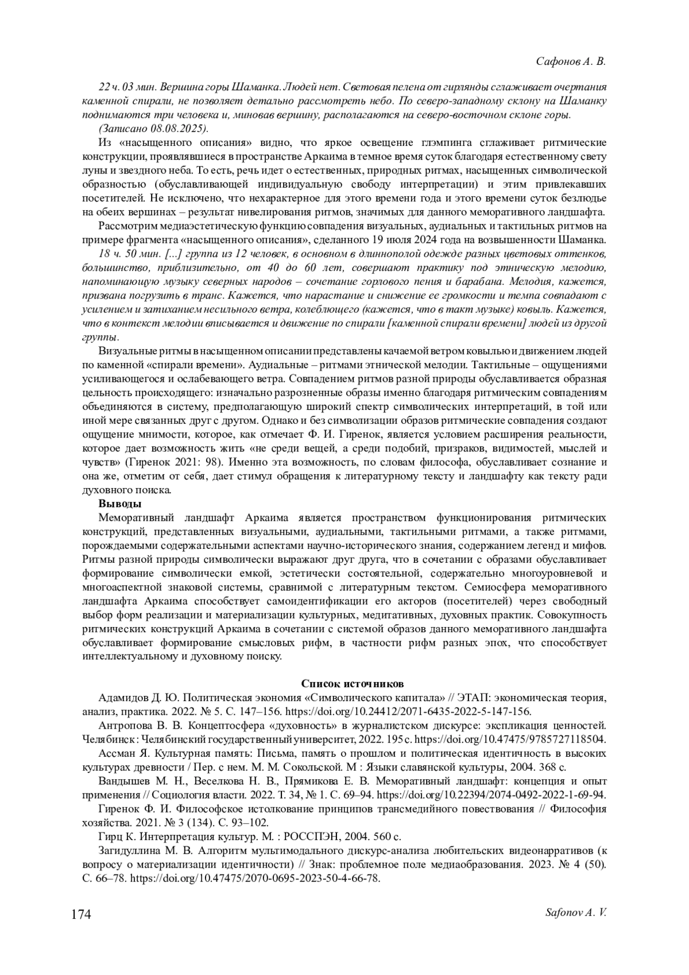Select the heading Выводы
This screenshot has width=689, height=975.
[119, 504]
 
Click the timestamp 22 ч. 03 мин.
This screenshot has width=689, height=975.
[124, 87]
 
